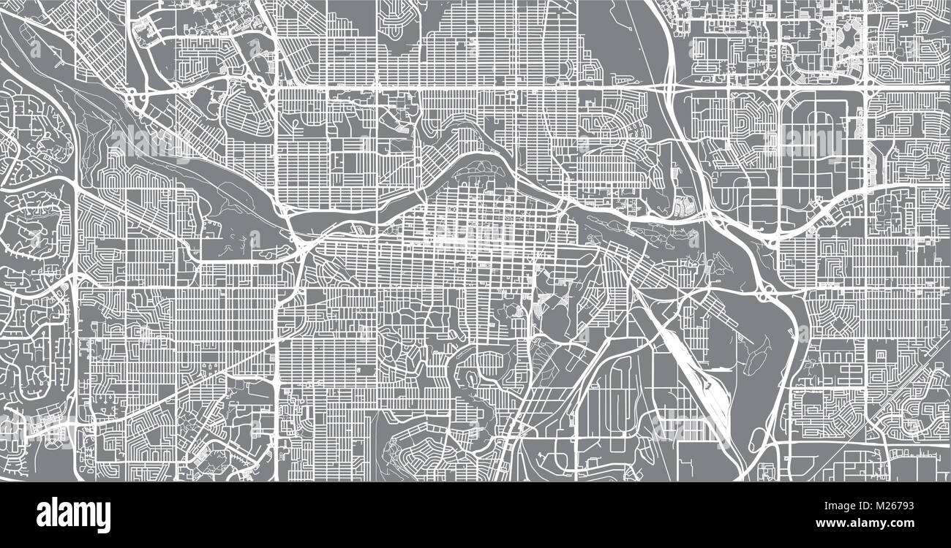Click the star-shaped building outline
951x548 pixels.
click(x=849, y=37)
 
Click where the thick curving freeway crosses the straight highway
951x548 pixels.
click(x=671, y=86)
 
